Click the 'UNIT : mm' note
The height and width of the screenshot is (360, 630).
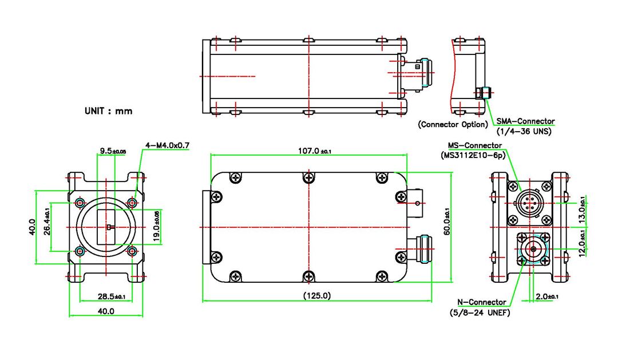pos(108,110)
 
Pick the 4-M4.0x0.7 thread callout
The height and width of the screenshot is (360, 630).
pos(167,145)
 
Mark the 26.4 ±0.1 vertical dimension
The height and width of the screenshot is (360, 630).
pos(47,226)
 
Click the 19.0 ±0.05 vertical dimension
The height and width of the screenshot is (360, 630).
pos(157,227)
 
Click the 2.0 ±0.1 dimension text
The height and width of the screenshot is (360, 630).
pos(547,296)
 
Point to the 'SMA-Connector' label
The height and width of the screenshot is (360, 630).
pos(525,121)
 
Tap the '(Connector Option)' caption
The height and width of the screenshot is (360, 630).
pos(453,124)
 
